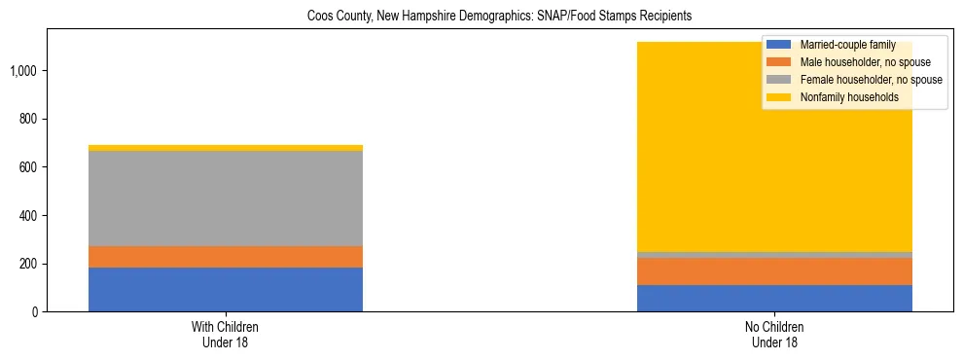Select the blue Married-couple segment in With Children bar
tap(226, 289)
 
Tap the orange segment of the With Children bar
tap(226, 256)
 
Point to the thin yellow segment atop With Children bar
tap(226, 148)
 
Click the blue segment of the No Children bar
tap(774, 298)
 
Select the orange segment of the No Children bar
tap(774, 271)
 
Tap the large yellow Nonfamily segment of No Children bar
tap(681, 146)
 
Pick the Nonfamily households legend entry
tap(842, 97)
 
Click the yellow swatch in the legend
tap(778, 97)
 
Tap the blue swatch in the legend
tap(778, 45)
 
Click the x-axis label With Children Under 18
tap(226, 335)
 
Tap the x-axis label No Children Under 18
tap(774, 335)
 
